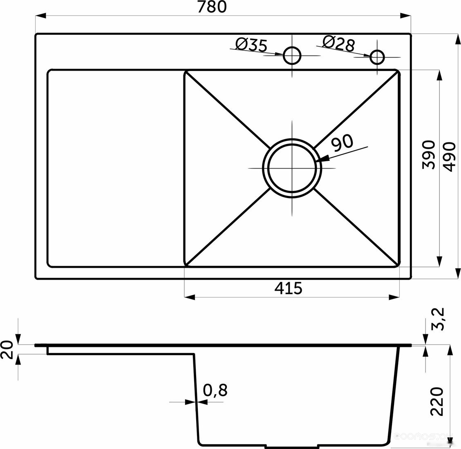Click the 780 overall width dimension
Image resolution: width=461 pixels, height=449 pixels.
[x=212, y=7]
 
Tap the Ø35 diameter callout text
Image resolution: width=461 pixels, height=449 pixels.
[x=252, y=45]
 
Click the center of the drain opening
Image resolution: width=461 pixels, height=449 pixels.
[x=292, y=168]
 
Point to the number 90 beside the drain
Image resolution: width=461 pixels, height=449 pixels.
[x=342, y=142]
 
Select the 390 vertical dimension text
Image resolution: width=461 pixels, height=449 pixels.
[x=428, y=155]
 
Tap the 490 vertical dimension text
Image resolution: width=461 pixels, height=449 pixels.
[x=449, y=156]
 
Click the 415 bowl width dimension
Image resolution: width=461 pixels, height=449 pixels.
[x=288, y=288]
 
